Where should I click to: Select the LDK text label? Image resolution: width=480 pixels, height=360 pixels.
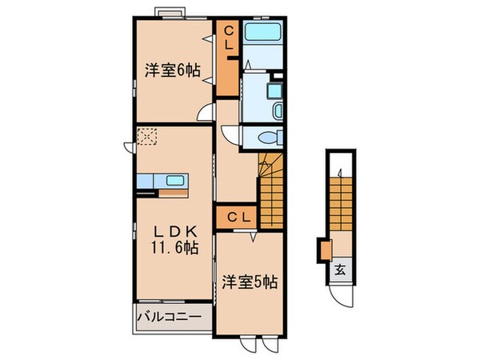(173, 232)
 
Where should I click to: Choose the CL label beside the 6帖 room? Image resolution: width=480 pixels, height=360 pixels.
(229, 38)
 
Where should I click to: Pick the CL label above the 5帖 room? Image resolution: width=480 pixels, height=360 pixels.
(235, 217)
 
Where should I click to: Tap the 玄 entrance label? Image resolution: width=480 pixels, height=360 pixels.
(339, 270)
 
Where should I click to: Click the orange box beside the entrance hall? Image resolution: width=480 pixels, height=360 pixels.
(325, 250)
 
